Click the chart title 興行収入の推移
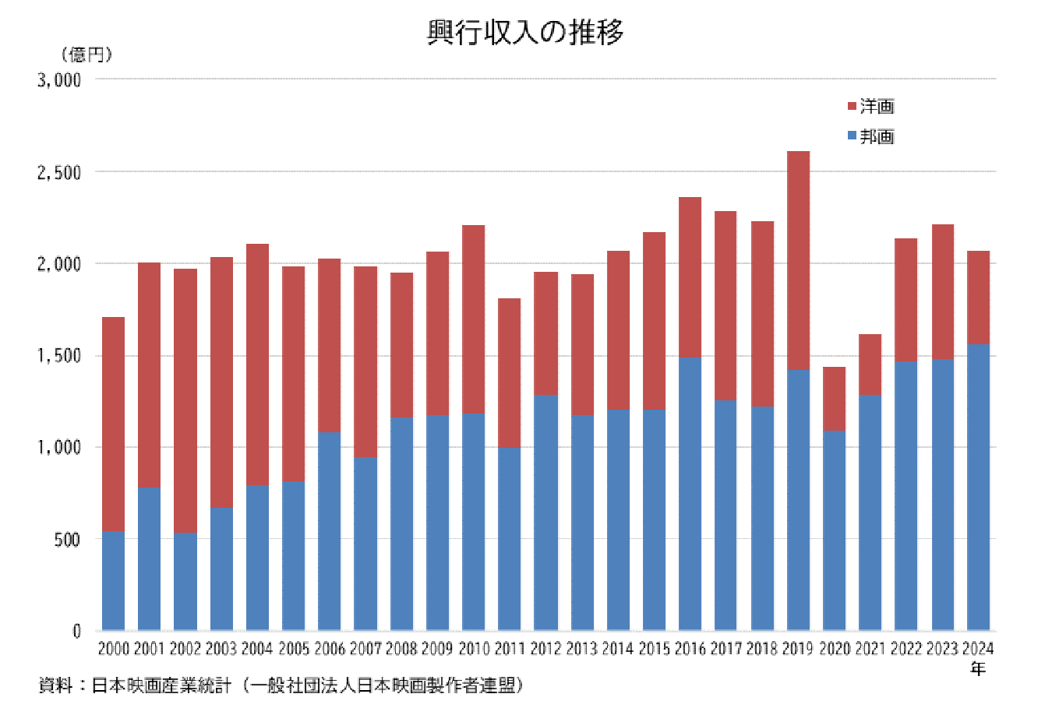[525, 32]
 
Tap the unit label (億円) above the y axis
[86, 55]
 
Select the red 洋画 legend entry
[870, 106]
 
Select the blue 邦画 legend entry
[870, 136]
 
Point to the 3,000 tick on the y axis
[59, 79]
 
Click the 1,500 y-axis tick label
[59, 356]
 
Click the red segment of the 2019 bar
[798, 261]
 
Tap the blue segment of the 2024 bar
[978, 487]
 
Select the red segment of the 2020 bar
[834, 399]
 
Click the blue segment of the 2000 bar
[114, 580]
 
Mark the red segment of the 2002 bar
[185, 400]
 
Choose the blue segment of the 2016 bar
[690, 494]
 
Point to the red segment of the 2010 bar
[473, 319]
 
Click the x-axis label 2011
[510, 648]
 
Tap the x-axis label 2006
[330, 648]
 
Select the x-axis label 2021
[870, 648]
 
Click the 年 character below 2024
[978, 668]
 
